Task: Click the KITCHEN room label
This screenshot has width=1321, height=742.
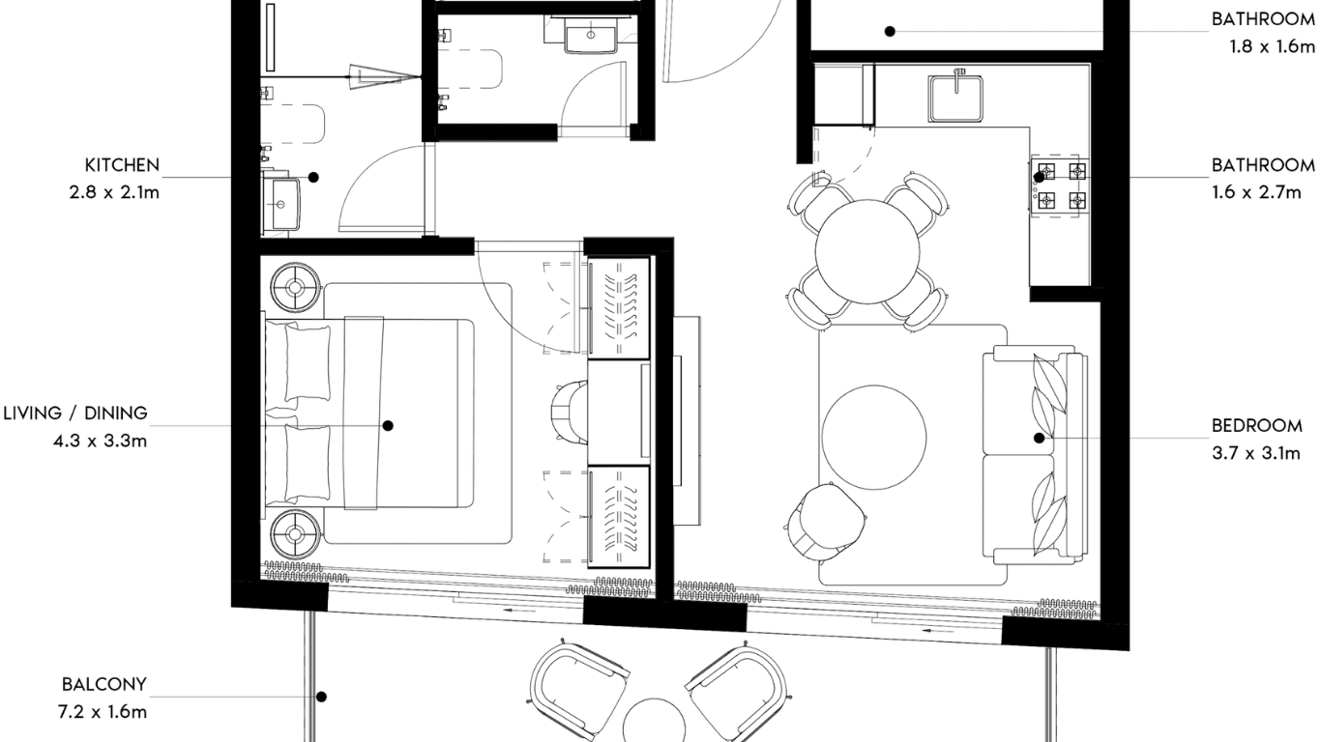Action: tap(122, 165)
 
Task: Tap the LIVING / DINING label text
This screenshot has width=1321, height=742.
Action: tap(75, 414)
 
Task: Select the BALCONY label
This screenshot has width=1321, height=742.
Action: tap(104, 684)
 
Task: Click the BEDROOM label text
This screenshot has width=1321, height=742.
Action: tap(1257, 425)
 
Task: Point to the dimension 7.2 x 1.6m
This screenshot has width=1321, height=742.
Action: tap(103, 712)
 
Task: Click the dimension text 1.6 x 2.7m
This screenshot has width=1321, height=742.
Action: tap(1256, 192)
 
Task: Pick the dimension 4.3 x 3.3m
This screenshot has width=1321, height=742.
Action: tap(101, 441)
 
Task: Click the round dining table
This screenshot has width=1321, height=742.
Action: tap(866, 251)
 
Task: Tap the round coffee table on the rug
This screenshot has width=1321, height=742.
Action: tap(874, 438)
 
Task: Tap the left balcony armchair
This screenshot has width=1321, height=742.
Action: tap(578, 691)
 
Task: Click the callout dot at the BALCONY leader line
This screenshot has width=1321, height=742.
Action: tap(321, 698)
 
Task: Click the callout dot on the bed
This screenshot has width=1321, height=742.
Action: tap(388, 425)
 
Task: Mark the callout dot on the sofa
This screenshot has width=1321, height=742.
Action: tap(1040, 438)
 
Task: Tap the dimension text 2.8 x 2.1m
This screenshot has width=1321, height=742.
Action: tap(114, 192)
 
